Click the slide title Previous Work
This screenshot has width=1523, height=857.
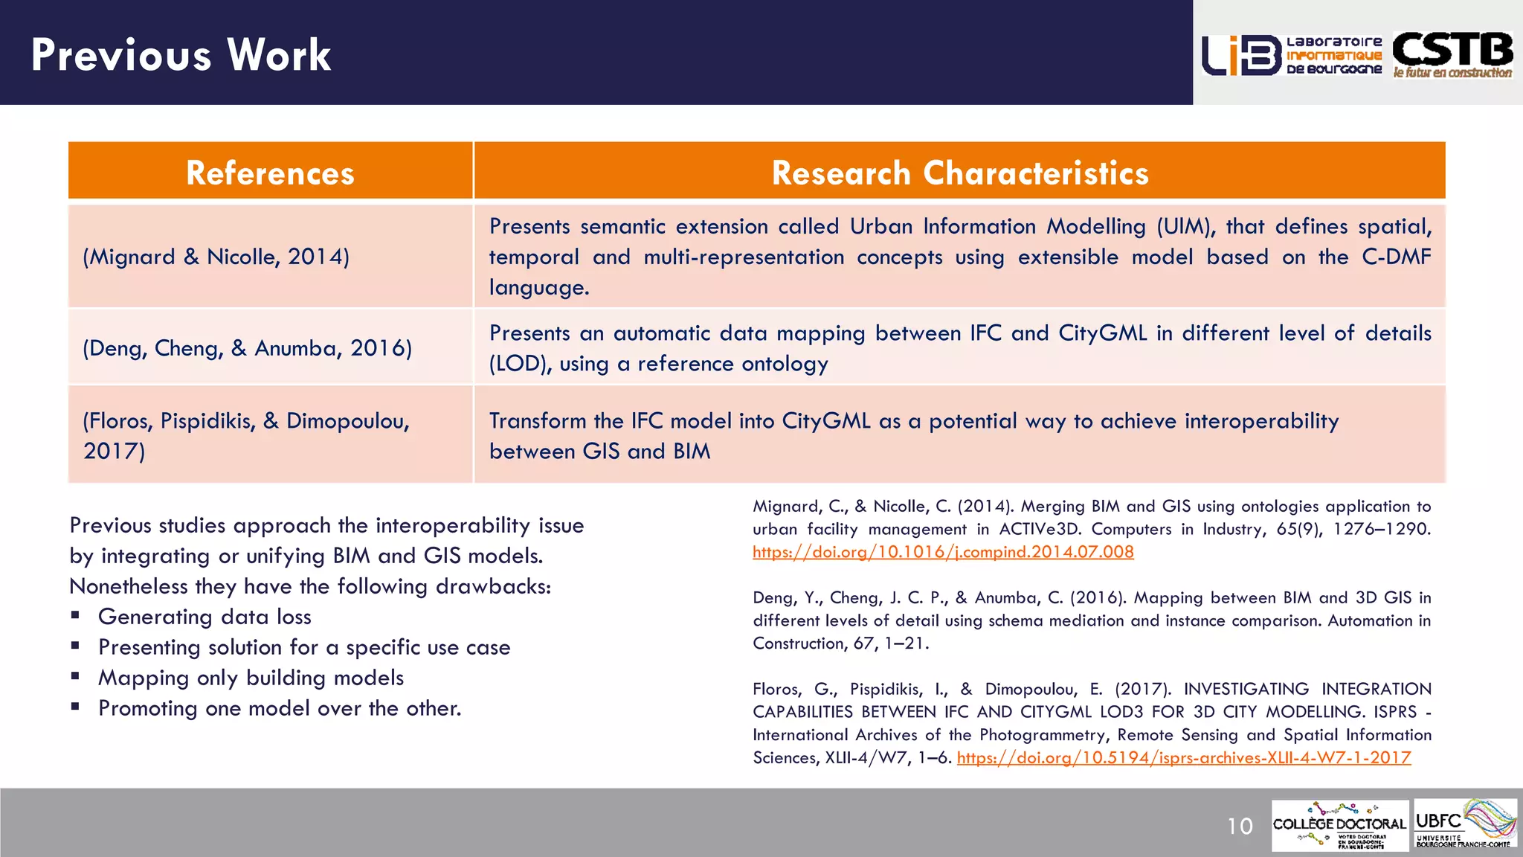pos(181,55)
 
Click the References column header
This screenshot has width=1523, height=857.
pos(270,173)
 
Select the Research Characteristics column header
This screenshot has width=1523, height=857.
pos(959,173)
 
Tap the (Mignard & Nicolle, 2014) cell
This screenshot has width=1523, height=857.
pos(216,257)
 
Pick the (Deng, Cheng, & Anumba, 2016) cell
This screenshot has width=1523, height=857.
pos(247,348)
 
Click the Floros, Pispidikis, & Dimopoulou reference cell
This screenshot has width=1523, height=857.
pos(245,435)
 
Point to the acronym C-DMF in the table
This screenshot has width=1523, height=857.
pos(1396,257)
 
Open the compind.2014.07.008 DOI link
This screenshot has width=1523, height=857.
pos(943,552)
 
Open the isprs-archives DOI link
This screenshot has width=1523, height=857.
pos(1183,758)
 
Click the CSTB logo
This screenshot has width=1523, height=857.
pos(1452,54)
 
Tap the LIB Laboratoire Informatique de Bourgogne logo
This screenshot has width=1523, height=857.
pos(1292,55)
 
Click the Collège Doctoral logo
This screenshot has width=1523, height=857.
pos(1339,825)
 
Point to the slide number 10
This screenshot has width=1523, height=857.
pos(1240,826)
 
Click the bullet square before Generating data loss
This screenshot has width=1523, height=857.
pos(75,616)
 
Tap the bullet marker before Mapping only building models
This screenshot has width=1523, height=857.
pos(75,677)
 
